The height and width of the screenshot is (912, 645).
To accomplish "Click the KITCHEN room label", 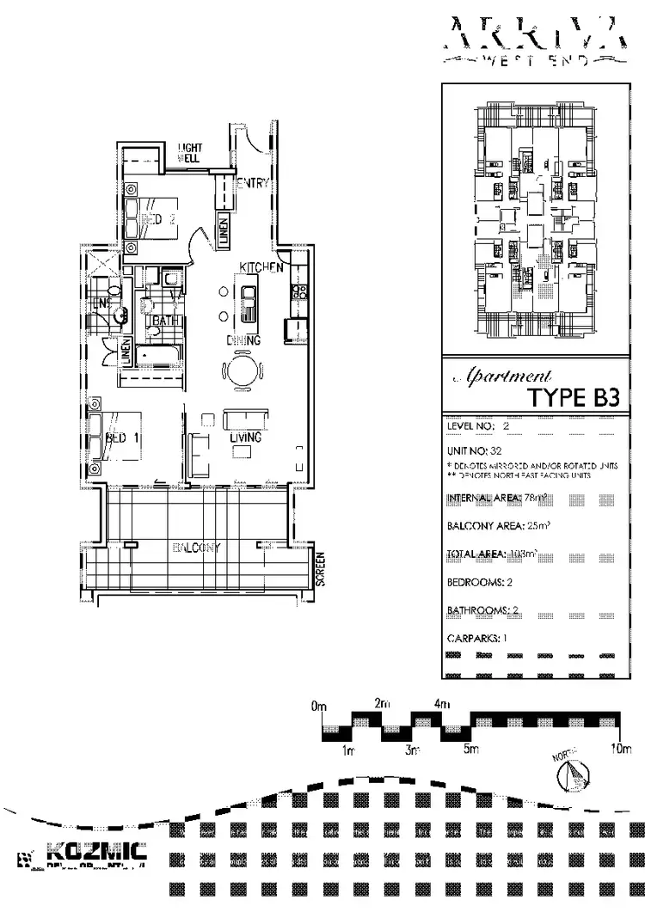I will click(x=261, y=268).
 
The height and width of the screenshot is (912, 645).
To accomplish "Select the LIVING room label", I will click(x=245, y=438).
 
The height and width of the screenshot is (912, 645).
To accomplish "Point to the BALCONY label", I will click(x=197, y=548).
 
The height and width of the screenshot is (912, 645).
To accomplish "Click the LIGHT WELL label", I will click(x=190, y=153).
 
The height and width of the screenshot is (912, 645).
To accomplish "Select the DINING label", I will click(x=243, y=340).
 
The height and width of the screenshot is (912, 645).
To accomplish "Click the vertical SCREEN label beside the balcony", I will click(x=321, y=569).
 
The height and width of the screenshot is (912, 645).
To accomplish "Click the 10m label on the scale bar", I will click(x=620, y=750).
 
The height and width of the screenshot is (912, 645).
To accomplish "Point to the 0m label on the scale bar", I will click(x=320, y=707).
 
